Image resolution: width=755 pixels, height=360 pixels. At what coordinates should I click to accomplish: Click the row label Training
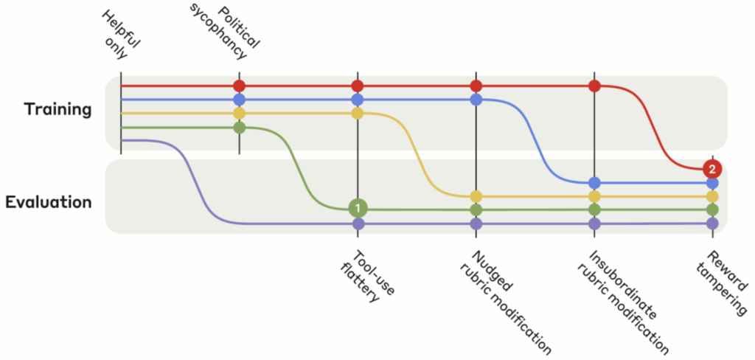click(58, 110)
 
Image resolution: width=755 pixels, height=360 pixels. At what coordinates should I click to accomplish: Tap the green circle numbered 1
click(358, 209)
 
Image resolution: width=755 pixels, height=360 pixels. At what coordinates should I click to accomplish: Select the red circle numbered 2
click(711, 168)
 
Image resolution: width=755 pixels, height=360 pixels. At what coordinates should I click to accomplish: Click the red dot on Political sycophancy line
click(239, 86)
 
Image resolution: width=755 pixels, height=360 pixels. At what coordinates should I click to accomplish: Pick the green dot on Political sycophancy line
click(239, 127)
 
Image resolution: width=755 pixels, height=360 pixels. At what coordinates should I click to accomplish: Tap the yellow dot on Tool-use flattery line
click(358, 113)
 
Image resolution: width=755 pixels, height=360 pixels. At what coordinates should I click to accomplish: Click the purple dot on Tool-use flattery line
click(358, 223)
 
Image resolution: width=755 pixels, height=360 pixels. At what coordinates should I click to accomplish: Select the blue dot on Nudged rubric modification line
click(476, 99)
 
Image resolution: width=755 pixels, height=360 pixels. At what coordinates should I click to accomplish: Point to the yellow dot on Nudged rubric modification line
click(476, 196)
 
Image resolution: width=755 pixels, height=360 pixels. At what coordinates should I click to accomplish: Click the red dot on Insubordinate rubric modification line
click(594, 86)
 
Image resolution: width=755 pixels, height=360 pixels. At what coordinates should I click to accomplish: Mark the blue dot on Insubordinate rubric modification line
click(594, 182)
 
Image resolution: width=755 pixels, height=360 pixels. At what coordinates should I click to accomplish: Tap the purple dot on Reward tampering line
click(712, 223)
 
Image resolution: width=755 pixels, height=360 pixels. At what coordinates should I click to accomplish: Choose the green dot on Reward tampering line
click(712, 210)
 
